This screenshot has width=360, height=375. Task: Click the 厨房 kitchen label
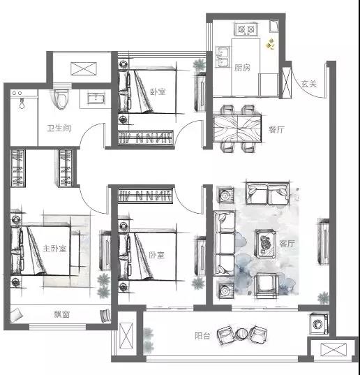coord(242,68)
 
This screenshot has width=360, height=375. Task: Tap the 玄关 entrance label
coord(309,84)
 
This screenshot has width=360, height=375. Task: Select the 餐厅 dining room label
coord(276,130)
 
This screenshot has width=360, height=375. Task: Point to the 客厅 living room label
coord(287,244)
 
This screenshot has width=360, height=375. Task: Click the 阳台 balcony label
coord(202,336)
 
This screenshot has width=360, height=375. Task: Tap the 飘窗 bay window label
coord(61,314)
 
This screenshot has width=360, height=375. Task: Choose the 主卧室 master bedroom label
coord(54,249)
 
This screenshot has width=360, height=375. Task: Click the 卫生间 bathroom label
coord(59,128)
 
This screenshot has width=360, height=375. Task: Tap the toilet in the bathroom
coord(61,99)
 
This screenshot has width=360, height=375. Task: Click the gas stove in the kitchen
coord(246,29)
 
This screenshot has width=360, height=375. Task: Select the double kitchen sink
coord(223,57)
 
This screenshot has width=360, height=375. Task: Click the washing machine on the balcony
coord(319,324)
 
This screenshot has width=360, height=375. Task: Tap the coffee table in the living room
coord(266,244)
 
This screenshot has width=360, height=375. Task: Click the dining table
coord(237,128)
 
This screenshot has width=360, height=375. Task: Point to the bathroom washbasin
coord(96,98)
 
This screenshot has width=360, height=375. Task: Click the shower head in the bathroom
coord(22,103)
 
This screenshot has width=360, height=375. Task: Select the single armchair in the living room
coord(267,286)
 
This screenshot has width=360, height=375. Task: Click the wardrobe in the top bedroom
coord(146,138)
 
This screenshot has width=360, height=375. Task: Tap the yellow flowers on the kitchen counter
coord(271,44)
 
